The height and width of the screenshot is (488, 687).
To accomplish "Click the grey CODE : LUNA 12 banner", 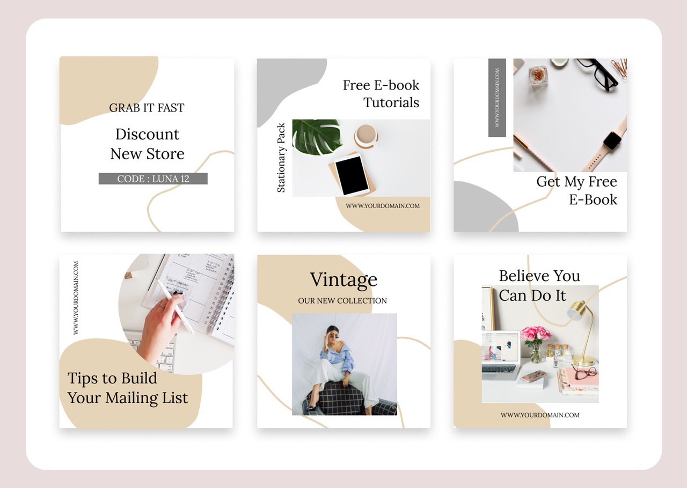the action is pyautogui.click(x=153, y=179).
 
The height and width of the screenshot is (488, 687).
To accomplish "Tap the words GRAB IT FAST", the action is pyautogui.click(x=147, y=108).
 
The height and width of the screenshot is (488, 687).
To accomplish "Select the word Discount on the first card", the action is pyautogui.click(x=147, y=134).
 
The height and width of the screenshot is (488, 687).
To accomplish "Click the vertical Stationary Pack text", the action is pyautogui.click(x=281, y=158).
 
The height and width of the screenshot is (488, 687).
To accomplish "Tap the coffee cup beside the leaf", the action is pyautogui.click(x=366, y=136).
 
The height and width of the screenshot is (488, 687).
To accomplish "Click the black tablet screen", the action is pyautogui.click(x=352, y=176).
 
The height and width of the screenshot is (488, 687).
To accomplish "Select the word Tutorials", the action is pyautogui.click(x=391, y=102).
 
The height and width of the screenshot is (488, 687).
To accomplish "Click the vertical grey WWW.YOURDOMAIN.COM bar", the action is pyautogui.click(x=497, y=98).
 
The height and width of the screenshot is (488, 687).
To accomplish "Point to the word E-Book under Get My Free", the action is pyautogui.click(x=593, y=199).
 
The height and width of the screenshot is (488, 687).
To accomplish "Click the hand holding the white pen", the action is pyautogui.click(x=163, y=328).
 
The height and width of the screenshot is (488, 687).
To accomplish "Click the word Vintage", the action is pyautogui.click(x=343, y=280).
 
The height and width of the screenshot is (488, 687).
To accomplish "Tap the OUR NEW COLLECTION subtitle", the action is pyautogui.click(x=342, y=301).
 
